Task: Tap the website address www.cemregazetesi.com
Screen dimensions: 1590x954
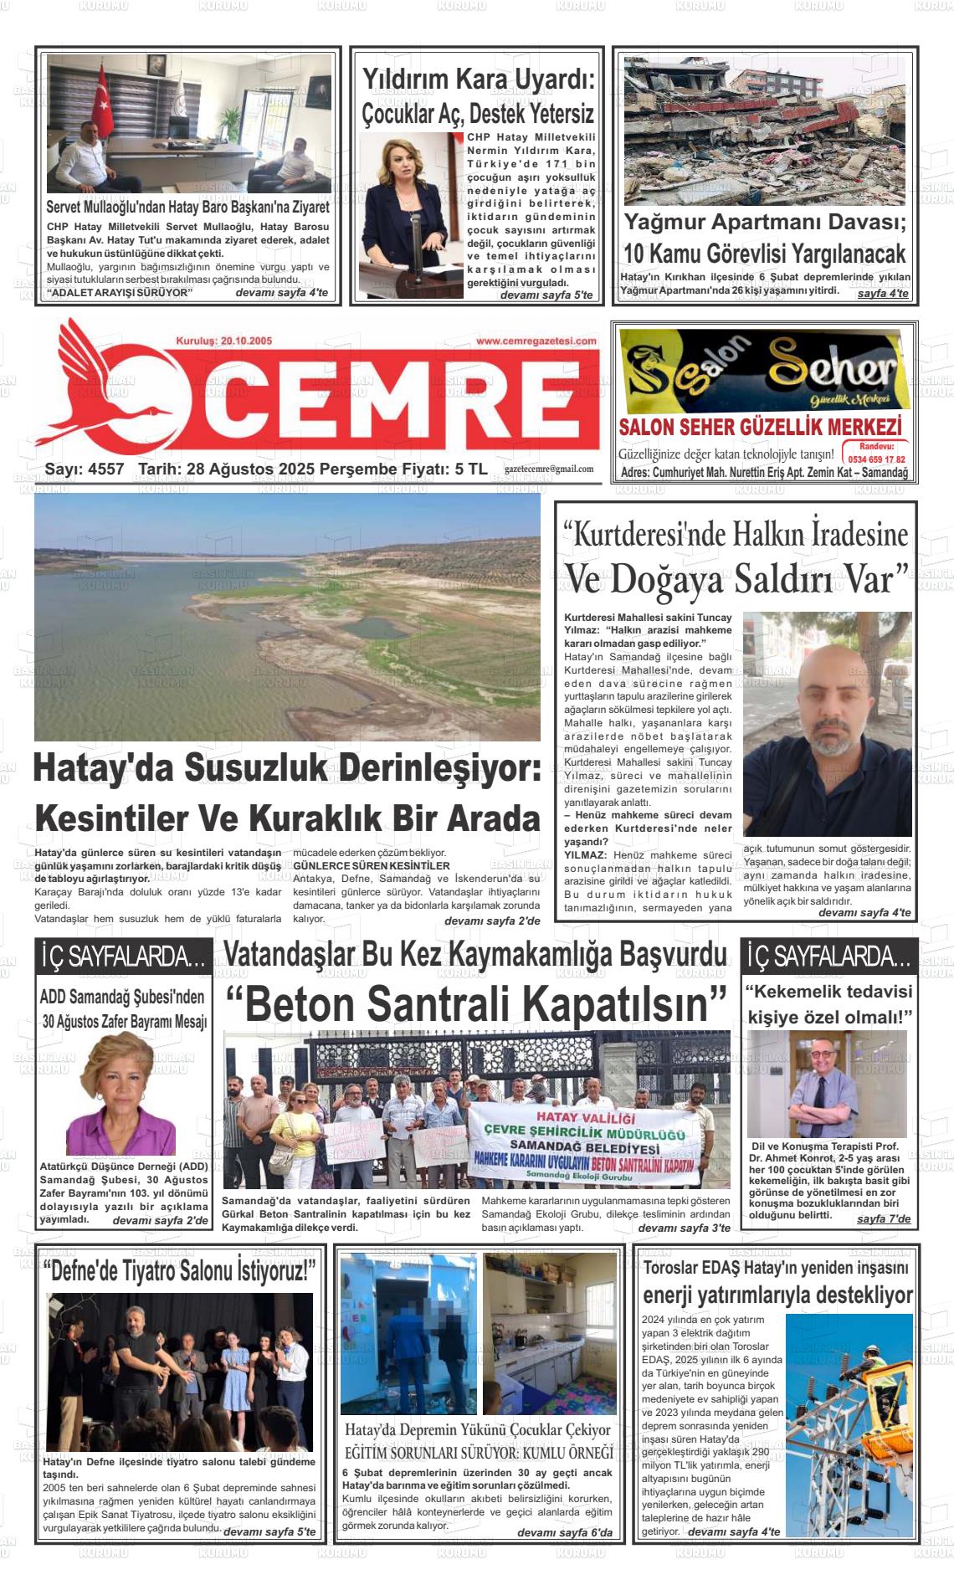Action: [x=536, y=341]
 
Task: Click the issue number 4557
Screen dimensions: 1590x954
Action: [x=105, y=469]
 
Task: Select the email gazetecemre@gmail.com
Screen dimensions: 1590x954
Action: [x=549, y=469]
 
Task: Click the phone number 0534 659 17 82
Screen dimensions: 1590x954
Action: [x=876, y=459]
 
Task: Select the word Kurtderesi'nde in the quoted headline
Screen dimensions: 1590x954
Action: [x=644, y=533]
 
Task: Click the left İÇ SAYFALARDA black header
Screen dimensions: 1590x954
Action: [x=123, y=957]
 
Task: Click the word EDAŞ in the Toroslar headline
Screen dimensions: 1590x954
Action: [x=734, y=1267]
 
